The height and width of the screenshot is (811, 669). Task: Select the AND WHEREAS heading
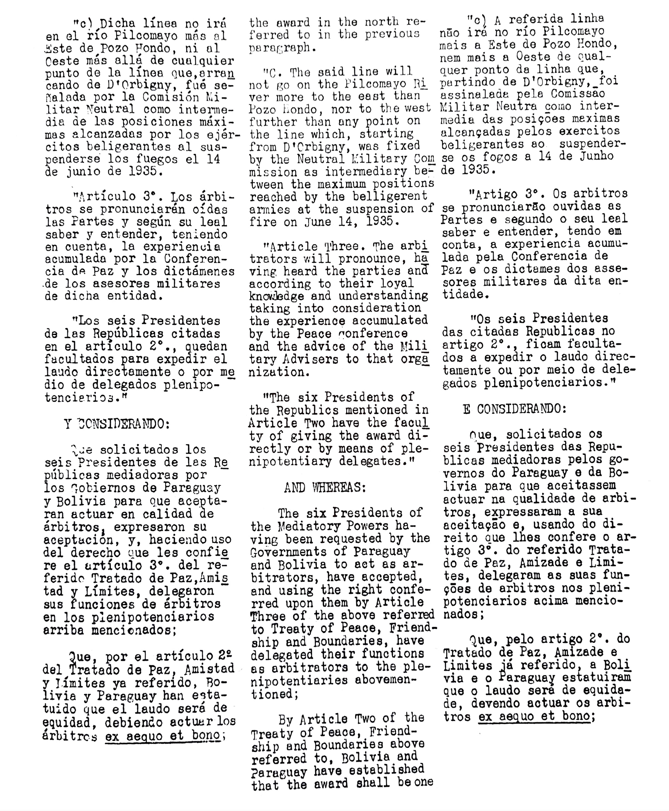coord(325,488)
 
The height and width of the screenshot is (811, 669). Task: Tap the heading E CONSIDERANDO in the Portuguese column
coord(515,409)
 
